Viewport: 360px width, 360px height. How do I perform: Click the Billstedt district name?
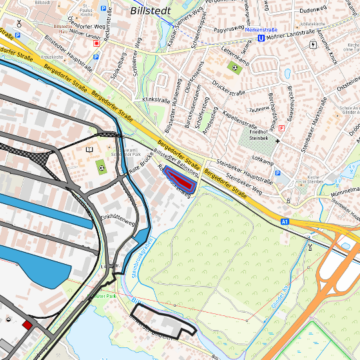(x=150, y=11)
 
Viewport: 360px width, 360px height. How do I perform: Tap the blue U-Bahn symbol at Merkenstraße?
(x=261, y=38)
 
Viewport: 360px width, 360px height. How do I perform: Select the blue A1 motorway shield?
(x=285, y=221)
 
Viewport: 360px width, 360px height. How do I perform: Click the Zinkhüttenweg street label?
(x=117, y=219)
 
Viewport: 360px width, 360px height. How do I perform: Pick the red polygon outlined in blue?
(x=179, y=180)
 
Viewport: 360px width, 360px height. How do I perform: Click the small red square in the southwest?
(x=27, y=325)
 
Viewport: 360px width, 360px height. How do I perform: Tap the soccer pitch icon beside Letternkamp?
(x=233, y=67)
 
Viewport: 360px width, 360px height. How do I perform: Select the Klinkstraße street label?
(x=155, y=98)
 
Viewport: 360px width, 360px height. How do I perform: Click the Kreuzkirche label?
(x=51, y=57)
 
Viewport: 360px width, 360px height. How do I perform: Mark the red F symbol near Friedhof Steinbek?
(x=281, y=127)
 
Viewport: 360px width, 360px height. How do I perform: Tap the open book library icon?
(x=89, y=149)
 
